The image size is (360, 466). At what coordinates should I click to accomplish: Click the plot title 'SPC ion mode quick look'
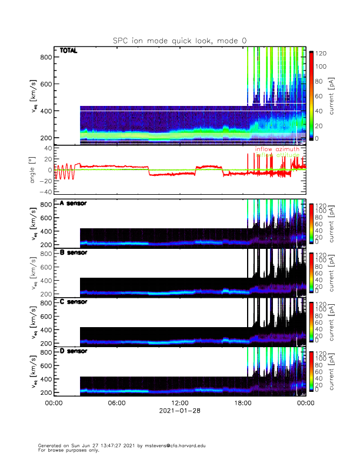coord(180,40)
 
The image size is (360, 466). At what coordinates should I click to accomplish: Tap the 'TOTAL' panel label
coord(69,51)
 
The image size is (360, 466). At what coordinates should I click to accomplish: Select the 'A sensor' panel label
coord(74,203)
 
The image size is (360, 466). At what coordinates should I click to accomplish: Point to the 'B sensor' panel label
coord(74,252)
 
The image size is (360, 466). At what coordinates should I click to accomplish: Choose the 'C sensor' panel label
coord(74,302)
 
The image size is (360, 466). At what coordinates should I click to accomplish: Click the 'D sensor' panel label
coord(74,351)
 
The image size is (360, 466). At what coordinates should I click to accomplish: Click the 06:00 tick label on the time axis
coord(116,403)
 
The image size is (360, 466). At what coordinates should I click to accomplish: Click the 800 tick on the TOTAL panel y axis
coord(46,57)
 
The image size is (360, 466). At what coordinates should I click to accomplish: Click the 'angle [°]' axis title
coord(33,171)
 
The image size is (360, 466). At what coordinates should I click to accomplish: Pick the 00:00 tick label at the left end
coord(54,403)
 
